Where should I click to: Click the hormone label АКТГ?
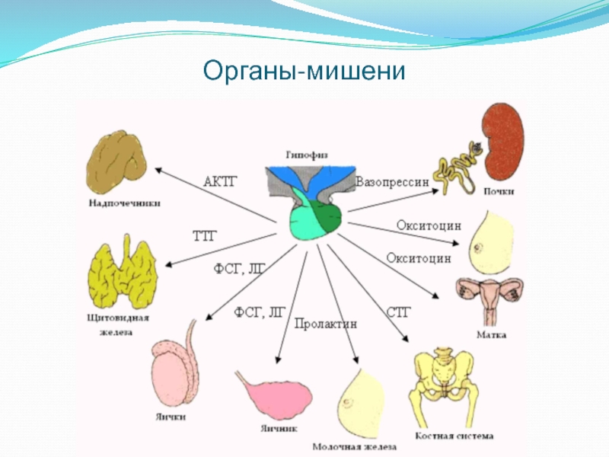pos(221,181)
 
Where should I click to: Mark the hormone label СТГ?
pos(399,312)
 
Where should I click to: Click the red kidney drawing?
pos(503,142)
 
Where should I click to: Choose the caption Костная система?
pos(454,436)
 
